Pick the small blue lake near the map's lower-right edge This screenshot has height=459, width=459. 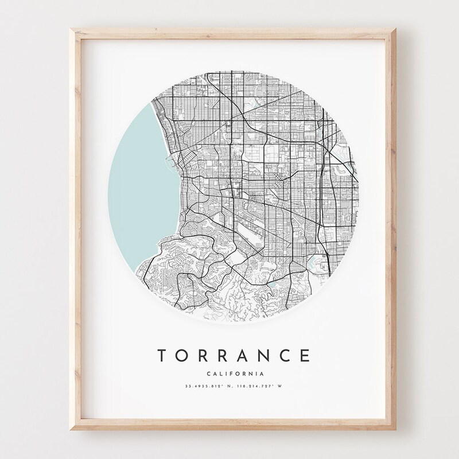tap(314, 264)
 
